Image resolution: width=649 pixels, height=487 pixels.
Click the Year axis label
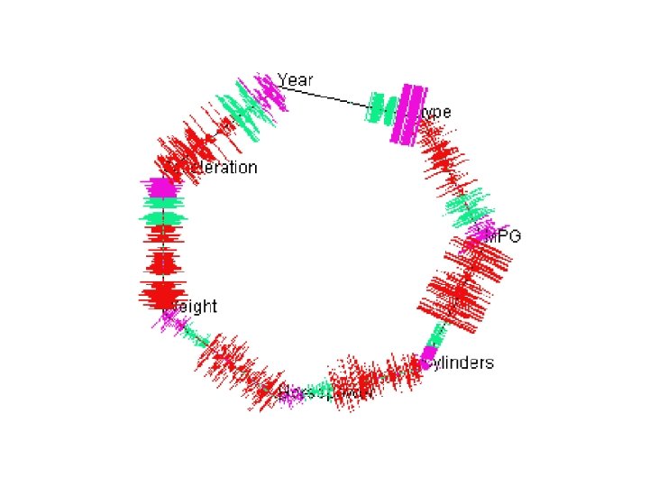click(x=296, y=80)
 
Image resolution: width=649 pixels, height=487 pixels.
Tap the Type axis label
click(x=436, y=113)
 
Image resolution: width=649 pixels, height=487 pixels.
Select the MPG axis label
click(x=503, y=237)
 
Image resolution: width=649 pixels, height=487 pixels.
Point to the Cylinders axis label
click(x=460, y=363)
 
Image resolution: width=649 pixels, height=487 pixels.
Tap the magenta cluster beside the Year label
click(x=267, y=90)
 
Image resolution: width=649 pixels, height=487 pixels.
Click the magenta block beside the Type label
click(x=411, y=113)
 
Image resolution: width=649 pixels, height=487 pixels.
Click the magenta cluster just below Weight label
click(x=172, y=321)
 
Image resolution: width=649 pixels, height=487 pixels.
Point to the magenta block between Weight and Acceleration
click(x=161, y=188)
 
